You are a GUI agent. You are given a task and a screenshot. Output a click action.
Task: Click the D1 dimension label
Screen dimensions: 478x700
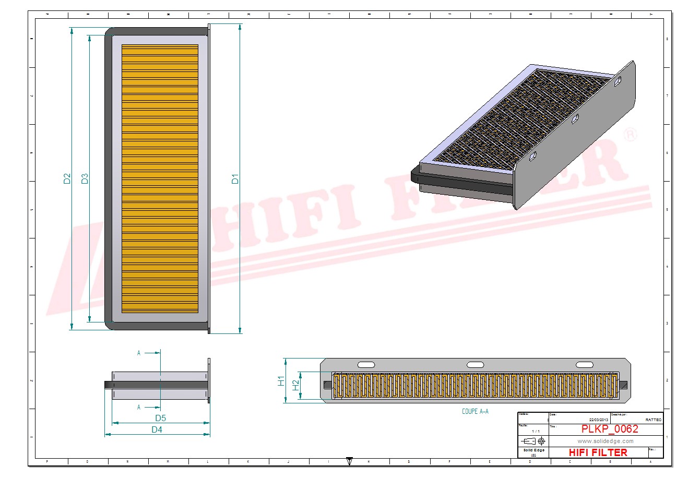tap(235, 178)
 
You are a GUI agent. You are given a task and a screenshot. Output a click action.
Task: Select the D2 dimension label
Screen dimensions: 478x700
tap(67, 178)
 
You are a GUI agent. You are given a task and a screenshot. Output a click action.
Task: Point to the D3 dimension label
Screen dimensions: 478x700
tap(85, 178)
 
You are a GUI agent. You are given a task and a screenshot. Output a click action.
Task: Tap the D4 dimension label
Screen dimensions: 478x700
tap(157, 429)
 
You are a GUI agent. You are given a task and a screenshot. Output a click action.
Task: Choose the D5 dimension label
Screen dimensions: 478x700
tap(160, 418)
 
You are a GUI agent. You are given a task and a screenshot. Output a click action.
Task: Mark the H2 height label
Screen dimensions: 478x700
tap(295, 385)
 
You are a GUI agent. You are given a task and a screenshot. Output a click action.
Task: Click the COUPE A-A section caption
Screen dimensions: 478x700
tap(475, 411)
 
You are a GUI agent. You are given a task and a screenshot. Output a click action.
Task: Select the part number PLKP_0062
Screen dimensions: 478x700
tap(610, 429)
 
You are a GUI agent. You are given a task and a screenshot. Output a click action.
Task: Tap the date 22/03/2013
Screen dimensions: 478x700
tap(599, 420)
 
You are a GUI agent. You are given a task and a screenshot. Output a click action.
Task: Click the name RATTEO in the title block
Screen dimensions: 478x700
tap(653, 420)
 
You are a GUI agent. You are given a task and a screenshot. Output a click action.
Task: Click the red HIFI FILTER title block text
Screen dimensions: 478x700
tap(598, 452)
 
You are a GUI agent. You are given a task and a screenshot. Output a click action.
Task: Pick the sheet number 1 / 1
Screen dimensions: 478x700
tap(536, 432)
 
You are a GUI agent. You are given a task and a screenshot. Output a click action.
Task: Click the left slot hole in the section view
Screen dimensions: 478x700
tap(366, 365)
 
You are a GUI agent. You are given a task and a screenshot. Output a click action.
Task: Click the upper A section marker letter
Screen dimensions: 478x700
tap(139, 353)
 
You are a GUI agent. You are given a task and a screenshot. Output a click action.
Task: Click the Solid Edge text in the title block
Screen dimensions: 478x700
tap(534, 450)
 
